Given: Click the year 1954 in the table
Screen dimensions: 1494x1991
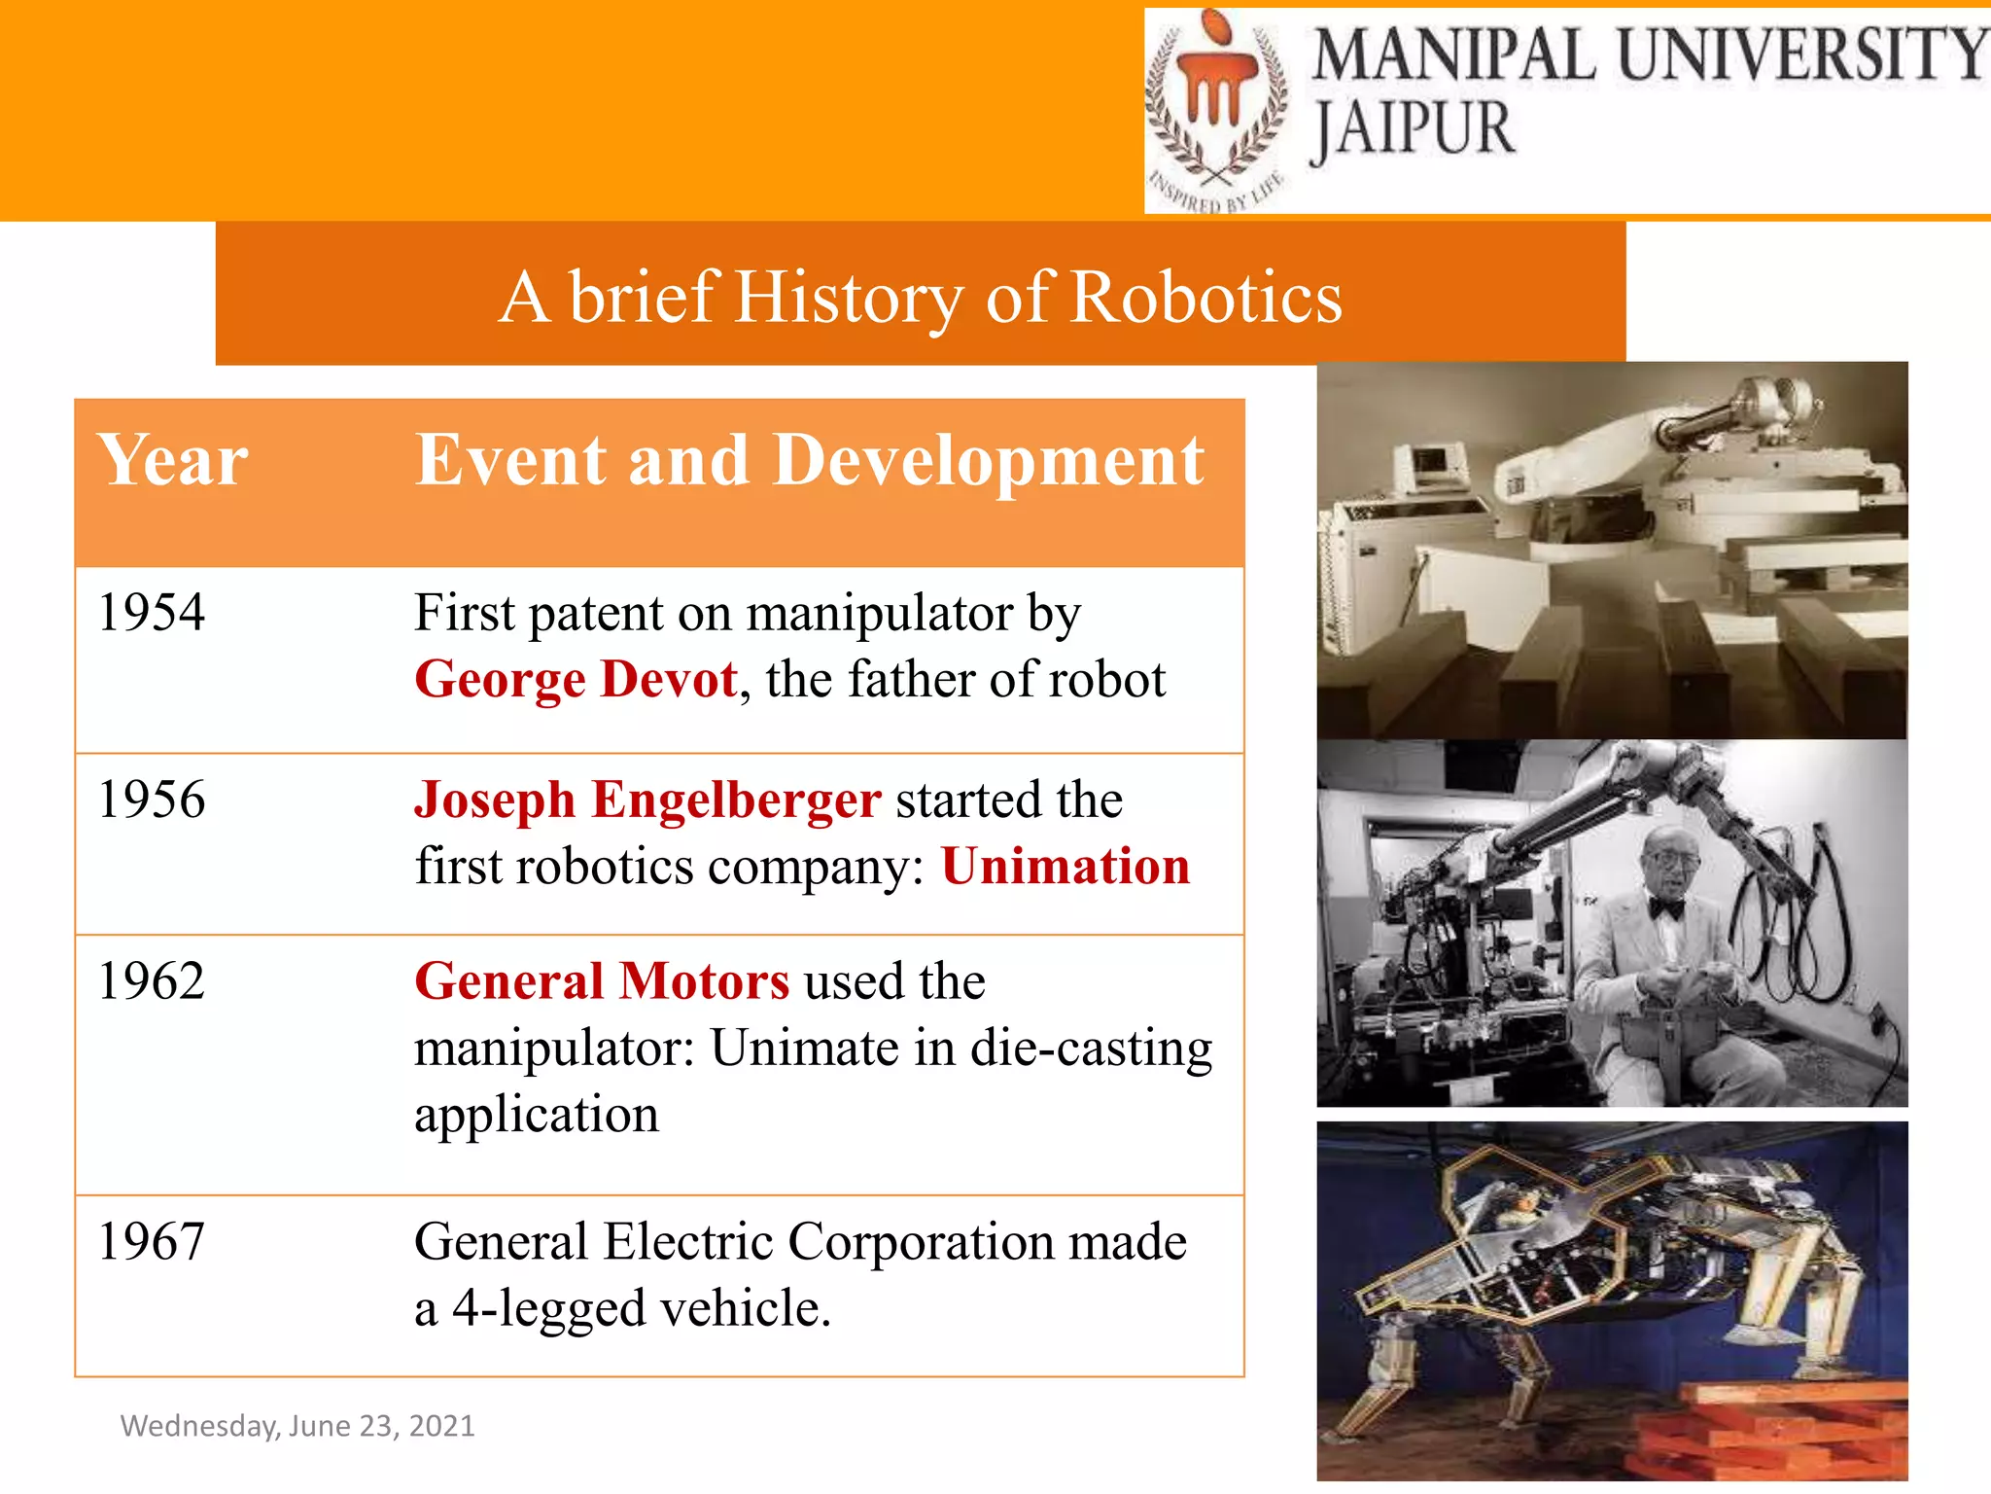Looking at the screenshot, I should tap(152, 613).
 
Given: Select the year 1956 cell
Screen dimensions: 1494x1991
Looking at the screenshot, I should tap(152, 800).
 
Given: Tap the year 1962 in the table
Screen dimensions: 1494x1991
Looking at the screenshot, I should tap(152, 980).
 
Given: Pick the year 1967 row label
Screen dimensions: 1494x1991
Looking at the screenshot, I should tap(152, 1242).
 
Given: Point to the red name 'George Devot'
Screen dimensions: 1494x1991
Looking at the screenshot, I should tap(576, 679).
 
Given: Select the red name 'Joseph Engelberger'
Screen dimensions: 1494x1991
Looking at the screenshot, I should tap(647, 800).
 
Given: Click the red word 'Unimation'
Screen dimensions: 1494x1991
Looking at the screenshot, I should tap(1065, 866).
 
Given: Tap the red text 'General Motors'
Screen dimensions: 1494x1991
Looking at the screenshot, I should tap(602, 980).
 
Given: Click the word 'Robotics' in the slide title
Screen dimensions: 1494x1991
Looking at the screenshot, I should tap(1205, 297).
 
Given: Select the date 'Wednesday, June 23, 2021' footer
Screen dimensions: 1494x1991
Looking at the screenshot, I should tap(297, 1426).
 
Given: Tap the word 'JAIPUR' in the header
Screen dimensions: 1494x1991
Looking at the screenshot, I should tap(1415, 129).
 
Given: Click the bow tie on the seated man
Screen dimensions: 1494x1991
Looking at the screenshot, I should tap(1665, 908).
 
